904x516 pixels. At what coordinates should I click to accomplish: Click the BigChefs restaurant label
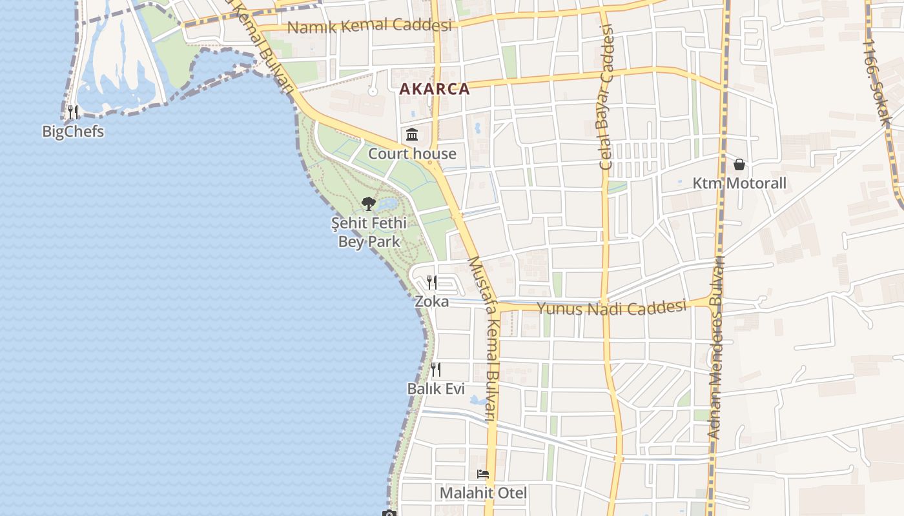click(73, 132)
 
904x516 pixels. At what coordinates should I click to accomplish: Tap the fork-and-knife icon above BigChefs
click(73, 112)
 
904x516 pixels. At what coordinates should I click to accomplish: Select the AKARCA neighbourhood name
click(435, 89)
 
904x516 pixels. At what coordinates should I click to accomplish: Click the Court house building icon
click(412, 135)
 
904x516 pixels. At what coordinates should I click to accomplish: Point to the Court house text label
click(412, 154)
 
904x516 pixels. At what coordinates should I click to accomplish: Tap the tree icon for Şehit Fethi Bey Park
click(369, 204)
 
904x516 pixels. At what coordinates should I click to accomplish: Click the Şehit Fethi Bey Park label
click(369, 232)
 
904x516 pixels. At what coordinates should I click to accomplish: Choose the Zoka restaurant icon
click(432, 283)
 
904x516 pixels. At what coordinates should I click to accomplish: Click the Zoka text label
click(431, 301)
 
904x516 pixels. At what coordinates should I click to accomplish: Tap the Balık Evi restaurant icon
click(436, 370)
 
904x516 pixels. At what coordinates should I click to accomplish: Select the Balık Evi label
click(436, 388)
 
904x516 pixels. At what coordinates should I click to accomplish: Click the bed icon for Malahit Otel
click(483, 474)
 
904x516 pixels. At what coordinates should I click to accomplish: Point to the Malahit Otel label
click(483, 493)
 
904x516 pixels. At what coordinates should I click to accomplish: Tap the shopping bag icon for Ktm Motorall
click(739, 164)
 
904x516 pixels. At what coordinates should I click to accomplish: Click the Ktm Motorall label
click(739, 183)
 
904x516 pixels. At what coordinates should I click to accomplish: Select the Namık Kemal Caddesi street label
click(369, 26)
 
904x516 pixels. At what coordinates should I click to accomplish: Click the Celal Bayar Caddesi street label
click(606, 97)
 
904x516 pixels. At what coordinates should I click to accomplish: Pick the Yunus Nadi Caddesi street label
click(611, 308)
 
